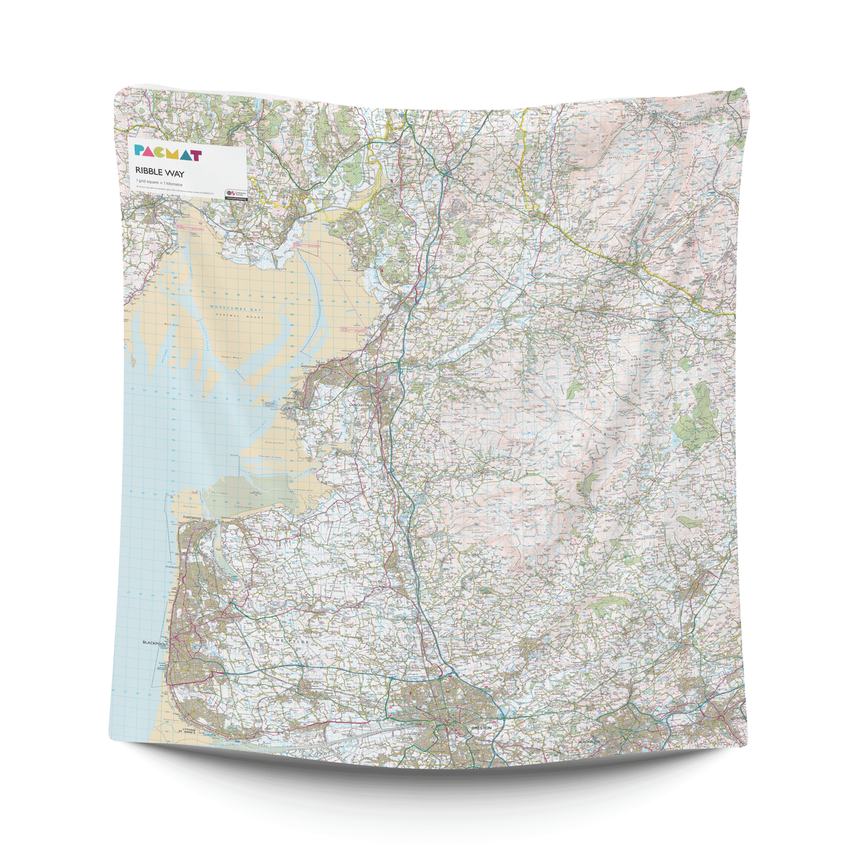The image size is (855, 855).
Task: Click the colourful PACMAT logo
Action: pos(168,153)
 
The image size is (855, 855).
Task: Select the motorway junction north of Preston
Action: pos(450,672)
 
